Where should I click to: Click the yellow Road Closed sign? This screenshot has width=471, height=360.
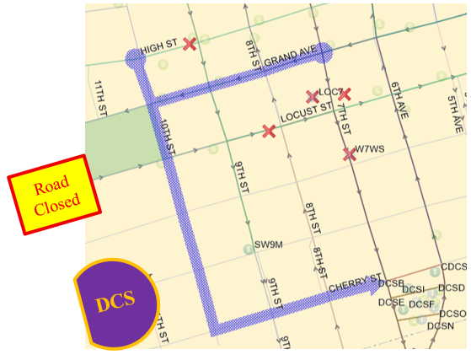point(55,194)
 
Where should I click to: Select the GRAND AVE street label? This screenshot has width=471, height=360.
point(290,57)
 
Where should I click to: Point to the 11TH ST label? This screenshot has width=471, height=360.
point(100,98)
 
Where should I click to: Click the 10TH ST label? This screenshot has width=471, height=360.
point(167,135)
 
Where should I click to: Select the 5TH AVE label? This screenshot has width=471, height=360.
point(455,113)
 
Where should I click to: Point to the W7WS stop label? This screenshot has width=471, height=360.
point(369,149)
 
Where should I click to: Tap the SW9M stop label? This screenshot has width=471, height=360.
point(269,244)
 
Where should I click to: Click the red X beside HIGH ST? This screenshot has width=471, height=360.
point(190,44)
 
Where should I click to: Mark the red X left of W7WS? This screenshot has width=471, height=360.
point(349,154)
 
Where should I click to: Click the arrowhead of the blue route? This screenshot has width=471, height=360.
point(376,287)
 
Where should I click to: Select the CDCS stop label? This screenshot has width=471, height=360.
point(453,267)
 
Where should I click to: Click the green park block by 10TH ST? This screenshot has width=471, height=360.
point(121,137)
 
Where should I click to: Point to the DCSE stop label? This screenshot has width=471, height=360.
point(391,302)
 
